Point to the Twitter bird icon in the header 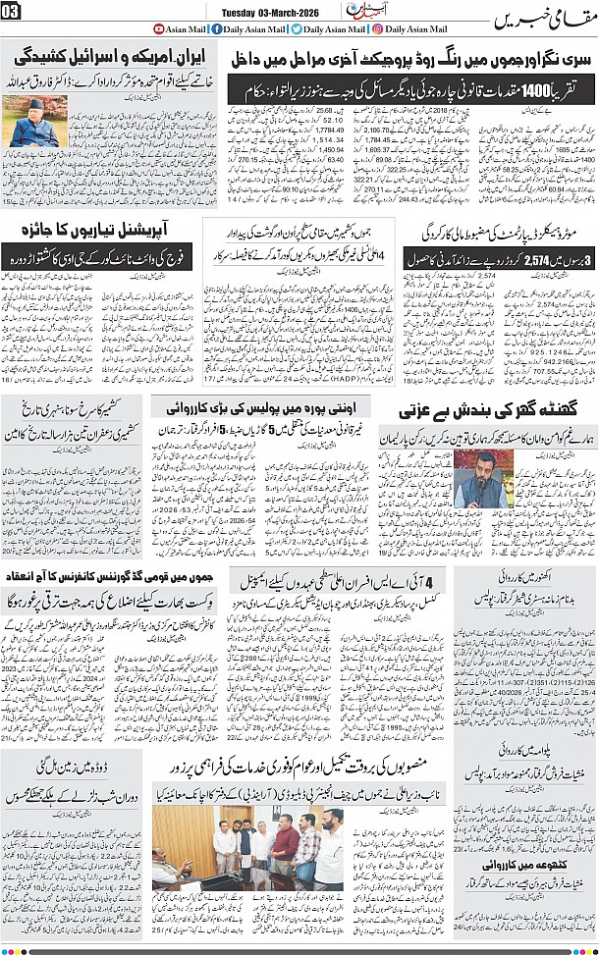click(297, 28)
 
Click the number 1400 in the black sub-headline click(530, 89)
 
